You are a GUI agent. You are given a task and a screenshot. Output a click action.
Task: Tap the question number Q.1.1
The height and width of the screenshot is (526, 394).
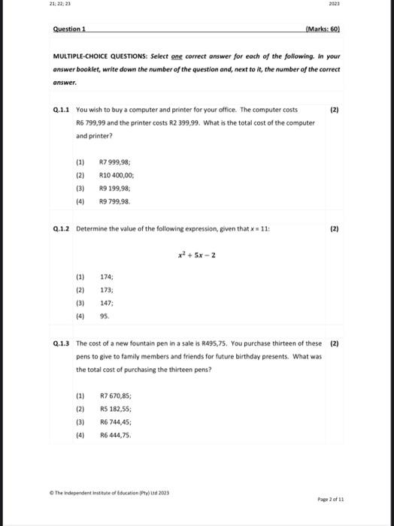tap(63, 109)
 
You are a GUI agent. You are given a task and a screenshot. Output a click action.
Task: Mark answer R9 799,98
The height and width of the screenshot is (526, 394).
tap(115, 202)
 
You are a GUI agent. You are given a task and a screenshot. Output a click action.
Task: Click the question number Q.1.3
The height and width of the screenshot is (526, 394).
tap(63, 343)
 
